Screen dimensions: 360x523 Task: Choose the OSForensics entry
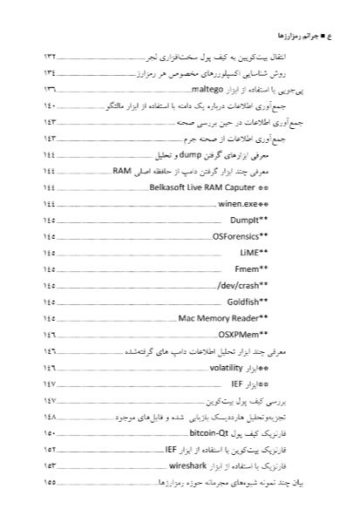pos(244,237)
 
